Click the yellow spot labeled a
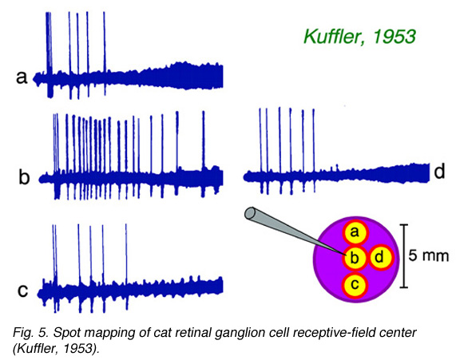click(x=355, y=232)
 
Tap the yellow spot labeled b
click(x=355, y=258)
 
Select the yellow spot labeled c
click(x=355, y=285)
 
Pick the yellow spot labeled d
click(x=380, y=257)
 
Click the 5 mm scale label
click(x=428, y=256)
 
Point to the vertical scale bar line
click(x=403, y=256)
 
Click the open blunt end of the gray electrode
click(x=250, y=213)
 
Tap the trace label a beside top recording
click(x=22, y=78)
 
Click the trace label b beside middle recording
click(x=24, y=176)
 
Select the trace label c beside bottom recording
click(x=22, y=291)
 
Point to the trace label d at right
click(x=439, y=172)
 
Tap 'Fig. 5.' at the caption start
click(x=30, y=333)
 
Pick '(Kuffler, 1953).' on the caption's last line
click(x=56, y=348)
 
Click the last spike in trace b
click(x=204, y=154)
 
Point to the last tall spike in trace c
click(x=126, y=266)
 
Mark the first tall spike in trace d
click(x=260, y=150)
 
